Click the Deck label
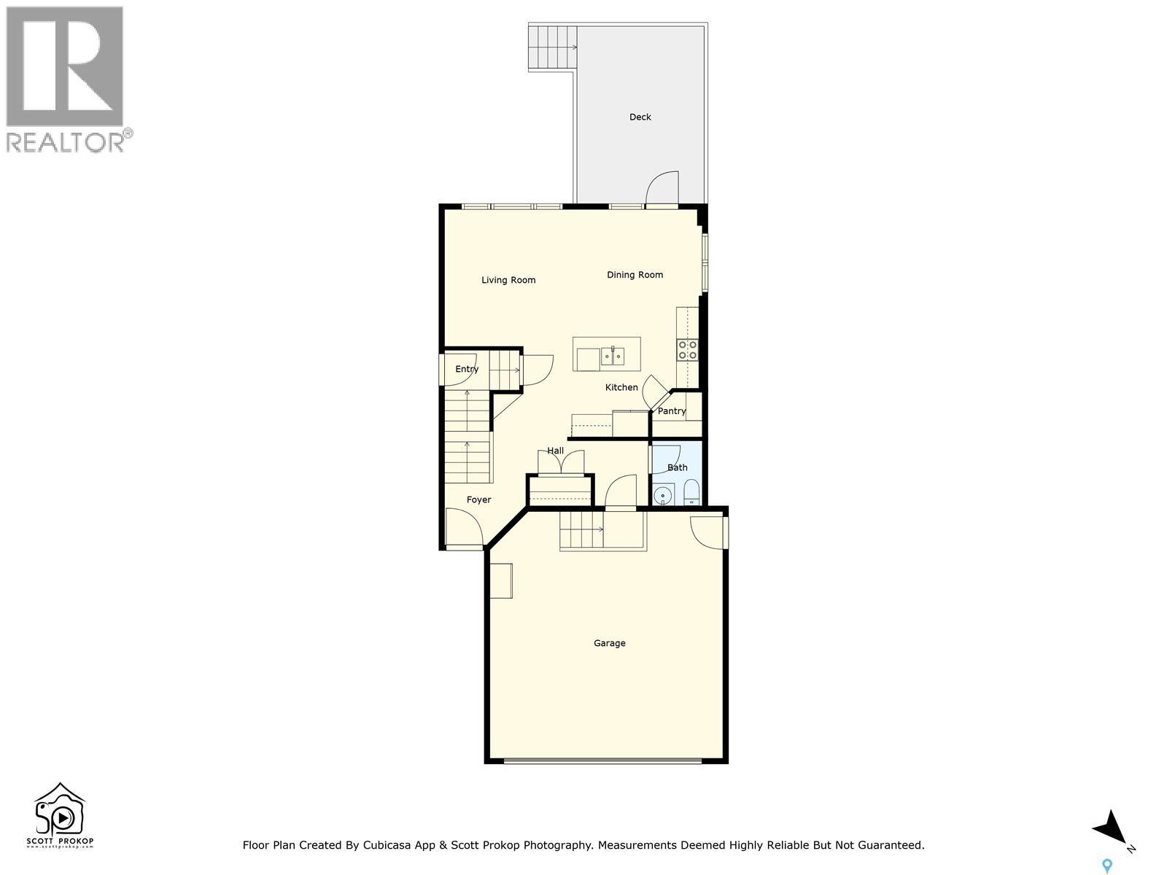(640, 117)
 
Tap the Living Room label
(508, 280)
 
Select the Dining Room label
(635, 275)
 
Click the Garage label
(609, 643)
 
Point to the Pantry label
(671, 411)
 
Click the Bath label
(677, 467)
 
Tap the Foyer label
(478, 499)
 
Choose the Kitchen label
(621, 387)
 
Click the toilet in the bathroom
(691, 494)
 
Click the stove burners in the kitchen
(687, 350)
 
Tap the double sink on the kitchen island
(613, 357)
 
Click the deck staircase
(551, 47)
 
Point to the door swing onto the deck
(662, 188)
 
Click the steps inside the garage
(581, 529)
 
